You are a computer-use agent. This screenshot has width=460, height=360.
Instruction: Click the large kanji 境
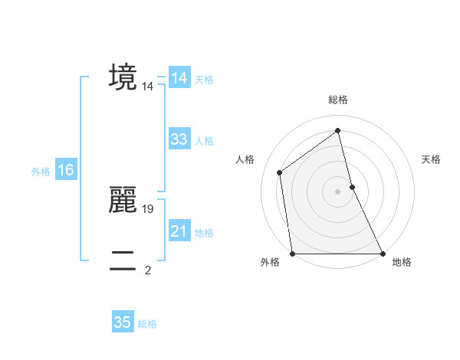click(x=123, y=77)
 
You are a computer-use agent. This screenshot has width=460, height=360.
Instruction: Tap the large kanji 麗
click(x=123, y=200)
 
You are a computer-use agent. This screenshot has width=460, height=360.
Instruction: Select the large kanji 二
click(x=123, y=261)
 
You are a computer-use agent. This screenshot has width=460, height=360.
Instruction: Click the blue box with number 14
click(x=179, y=78)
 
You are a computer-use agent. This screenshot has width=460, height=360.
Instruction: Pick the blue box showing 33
click(x=179, y=139)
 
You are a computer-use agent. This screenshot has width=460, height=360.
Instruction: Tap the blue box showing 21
click(x=179, y=231)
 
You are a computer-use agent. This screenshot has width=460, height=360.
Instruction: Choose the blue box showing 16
click(x=66, y=170)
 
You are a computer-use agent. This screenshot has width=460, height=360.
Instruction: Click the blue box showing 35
click(x=123, y=322)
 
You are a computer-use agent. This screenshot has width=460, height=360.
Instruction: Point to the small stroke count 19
click(x=149, y=208)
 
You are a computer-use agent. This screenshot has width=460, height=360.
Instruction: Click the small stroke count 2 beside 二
click(x=148, y=270)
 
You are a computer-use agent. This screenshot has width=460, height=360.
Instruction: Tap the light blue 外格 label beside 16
click(x=41, y=172)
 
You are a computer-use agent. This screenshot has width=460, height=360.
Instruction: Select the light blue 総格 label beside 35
click(x=148, y=324)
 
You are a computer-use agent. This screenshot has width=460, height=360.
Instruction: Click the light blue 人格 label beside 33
click(x=204, y=141)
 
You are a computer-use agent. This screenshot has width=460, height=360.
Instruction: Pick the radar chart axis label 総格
click(x=338, y=100)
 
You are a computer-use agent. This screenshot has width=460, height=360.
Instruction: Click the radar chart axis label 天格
click(x=431, y=159)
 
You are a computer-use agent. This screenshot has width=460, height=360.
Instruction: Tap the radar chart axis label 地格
click(x=402, y=262)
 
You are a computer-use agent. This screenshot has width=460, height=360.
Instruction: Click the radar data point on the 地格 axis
click(x=382, y=253)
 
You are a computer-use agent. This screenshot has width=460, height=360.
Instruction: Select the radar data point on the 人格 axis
click(x=280, y=172)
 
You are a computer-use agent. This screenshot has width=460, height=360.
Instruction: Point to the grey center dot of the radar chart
click(x=338, y=191)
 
